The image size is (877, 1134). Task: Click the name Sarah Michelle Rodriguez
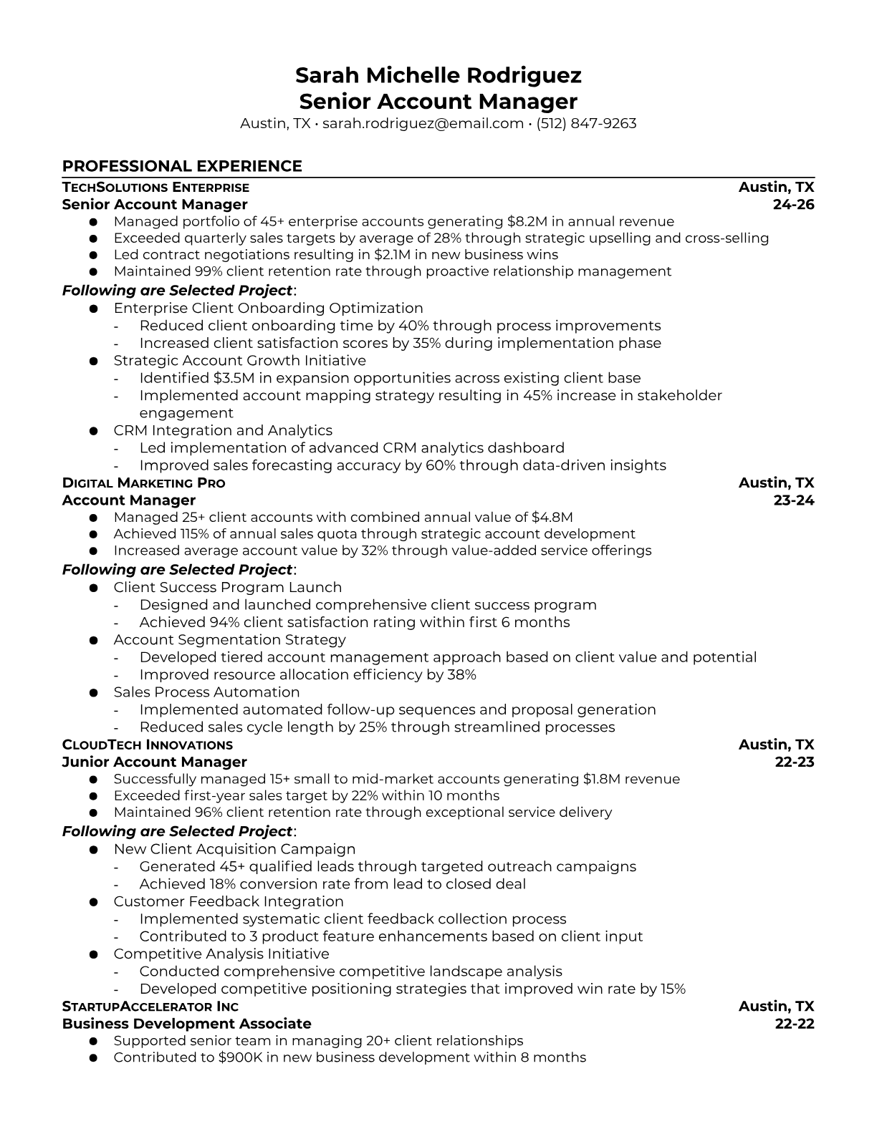point(438,75)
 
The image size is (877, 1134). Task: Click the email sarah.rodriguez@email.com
point(423,123)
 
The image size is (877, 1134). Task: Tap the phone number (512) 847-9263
point(586,123)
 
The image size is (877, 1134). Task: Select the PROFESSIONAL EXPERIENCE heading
point(182,166)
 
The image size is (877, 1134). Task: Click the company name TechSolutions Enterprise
point(155,188)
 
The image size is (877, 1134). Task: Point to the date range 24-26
point(794,204)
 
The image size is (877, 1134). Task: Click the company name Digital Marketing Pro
point(143,483)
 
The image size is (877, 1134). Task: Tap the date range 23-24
point(794,500)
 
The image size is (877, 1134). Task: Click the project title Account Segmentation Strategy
point(229,640)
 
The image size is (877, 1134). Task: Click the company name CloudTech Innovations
point(147,745)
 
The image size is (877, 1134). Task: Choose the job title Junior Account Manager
point(154,762)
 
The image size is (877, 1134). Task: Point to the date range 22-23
point(795,762)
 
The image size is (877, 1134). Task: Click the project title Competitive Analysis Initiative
point(221,954)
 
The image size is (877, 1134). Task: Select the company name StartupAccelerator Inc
point(150,1007)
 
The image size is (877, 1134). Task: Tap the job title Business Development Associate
point(186,1024)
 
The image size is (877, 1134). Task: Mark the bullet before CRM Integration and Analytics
point(93,431)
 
